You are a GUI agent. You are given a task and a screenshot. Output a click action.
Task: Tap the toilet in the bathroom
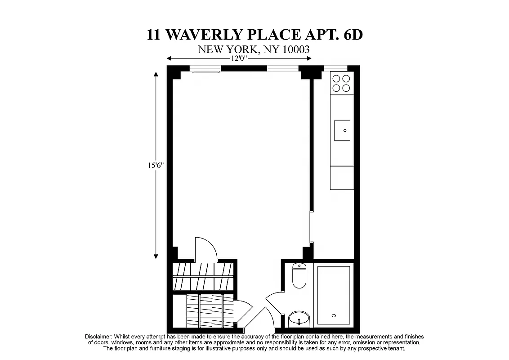[299, 275]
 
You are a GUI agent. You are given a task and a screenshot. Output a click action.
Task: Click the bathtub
[334, 295]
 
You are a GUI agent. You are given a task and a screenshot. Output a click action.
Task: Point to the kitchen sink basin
[342, 130]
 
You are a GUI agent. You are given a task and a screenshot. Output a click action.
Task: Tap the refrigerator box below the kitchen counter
[342, 178]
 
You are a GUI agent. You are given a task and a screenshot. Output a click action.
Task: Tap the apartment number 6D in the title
[351, 35]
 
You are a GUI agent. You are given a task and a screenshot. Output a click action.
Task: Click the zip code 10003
[295, 49]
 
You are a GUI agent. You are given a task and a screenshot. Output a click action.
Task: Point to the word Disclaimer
[98, 337]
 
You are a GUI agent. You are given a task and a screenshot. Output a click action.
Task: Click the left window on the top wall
[205, 69]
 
